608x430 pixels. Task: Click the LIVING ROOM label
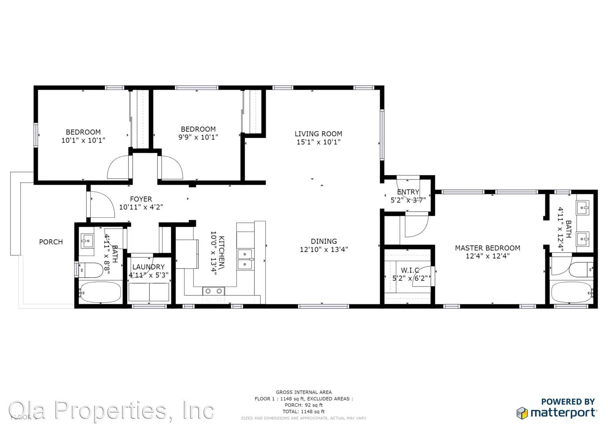[318, 134]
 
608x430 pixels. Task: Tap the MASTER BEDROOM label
[487, 248]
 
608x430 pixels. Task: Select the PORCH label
[51, 242]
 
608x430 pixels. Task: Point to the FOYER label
[141, 199]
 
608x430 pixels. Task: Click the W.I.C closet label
[410, 270]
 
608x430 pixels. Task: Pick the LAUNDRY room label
[148, 267]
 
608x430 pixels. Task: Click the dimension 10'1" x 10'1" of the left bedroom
[83, 140]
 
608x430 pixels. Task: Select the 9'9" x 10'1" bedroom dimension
[198, 137]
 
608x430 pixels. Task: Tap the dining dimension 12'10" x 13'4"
[324, 250]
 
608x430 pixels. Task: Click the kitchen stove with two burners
[213, 291]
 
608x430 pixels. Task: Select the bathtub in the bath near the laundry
[100, 293]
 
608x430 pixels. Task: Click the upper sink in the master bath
[582, 207]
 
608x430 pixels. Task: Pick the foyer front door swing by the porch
[102, 205]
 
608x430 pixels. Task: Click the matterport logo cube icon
[522, 413]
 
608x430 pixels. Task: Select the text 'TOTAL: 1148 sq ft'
[303, 412]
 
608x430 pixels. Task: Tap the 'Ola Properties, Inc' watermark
[111, 410]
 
